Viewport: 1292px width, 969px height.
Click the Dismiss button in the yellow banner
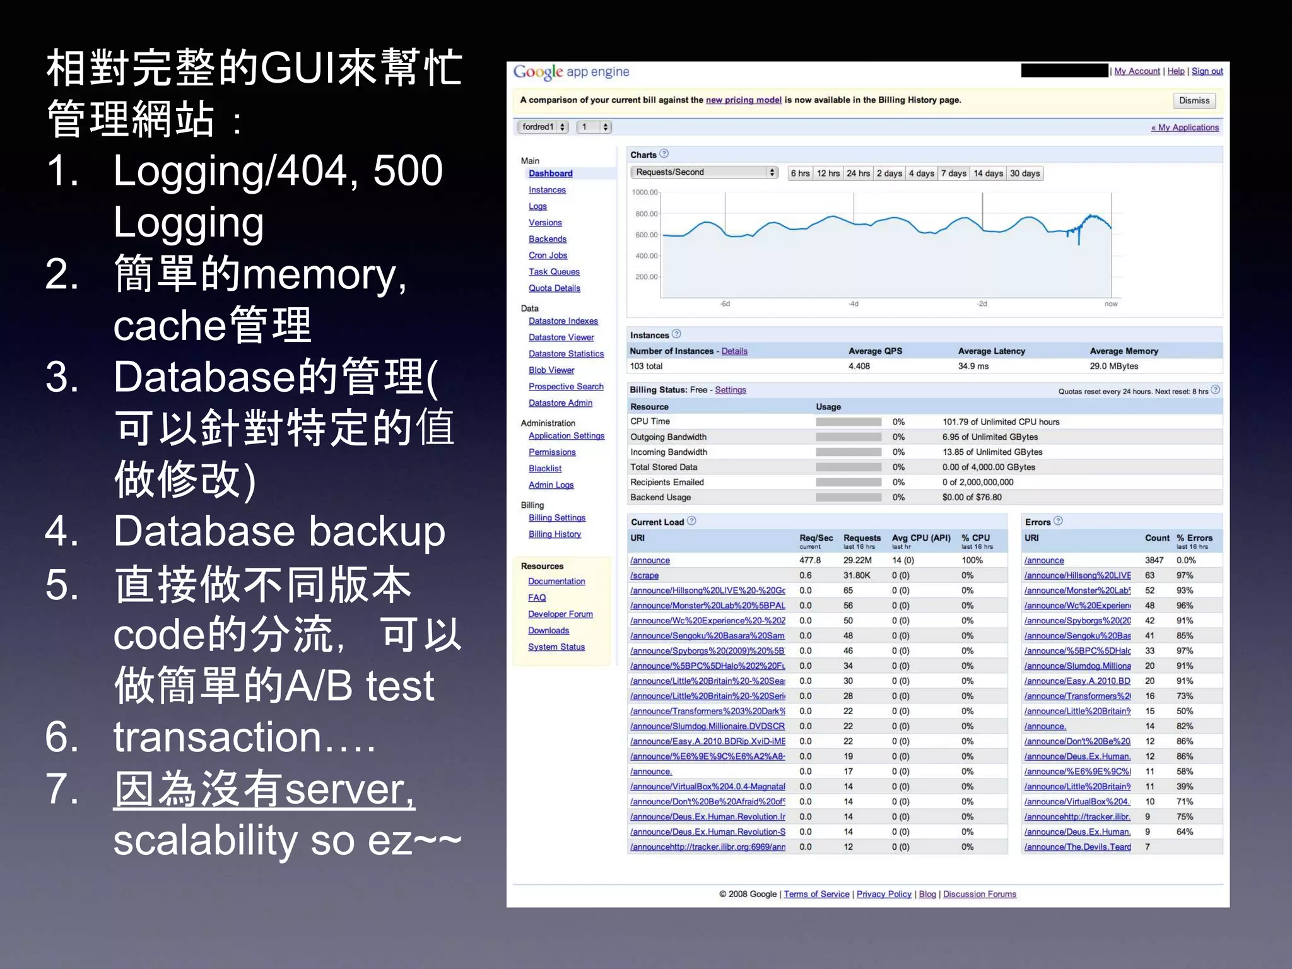click(x=1194, y=100)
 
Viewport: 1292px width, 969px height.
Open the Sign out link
click(x=1207, y=71)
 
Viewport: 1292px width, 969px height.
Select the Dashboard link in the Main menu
click(x=550, y=173)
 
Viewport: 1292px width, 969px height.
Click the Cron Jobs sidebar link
click(x=548, y=255)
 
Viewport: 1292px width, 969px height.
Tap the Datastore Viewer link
click(x=561, y=338)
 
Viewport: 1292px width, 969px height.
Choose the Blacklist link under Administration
click(x=544, y=469)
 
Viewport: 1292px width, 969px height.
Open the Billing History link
click(x=555, y=534)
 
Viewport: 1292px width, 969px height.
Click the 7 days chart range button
click(x=953, y=173)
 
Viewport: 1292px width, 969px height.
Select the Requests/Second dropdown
click(x=703, y=172)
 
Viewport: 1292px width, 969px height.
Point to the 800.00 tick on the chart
click(x=646, y=214)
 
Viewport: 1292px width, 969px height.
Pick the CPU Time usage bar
click(x=848, y=422)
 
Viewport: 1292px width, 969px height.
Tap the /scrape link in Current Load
click(x=643, y=575)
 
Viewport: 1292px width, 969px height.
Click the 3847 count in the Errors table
click(x=1154, y=560)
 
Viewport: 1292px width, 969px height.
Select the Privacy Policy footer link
click(x=883, y=894)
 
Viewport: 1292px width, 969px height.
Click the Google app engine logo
click(x=570, y=72)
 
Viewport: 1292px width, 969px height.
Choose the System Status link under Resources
click(x=556, y=647)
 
